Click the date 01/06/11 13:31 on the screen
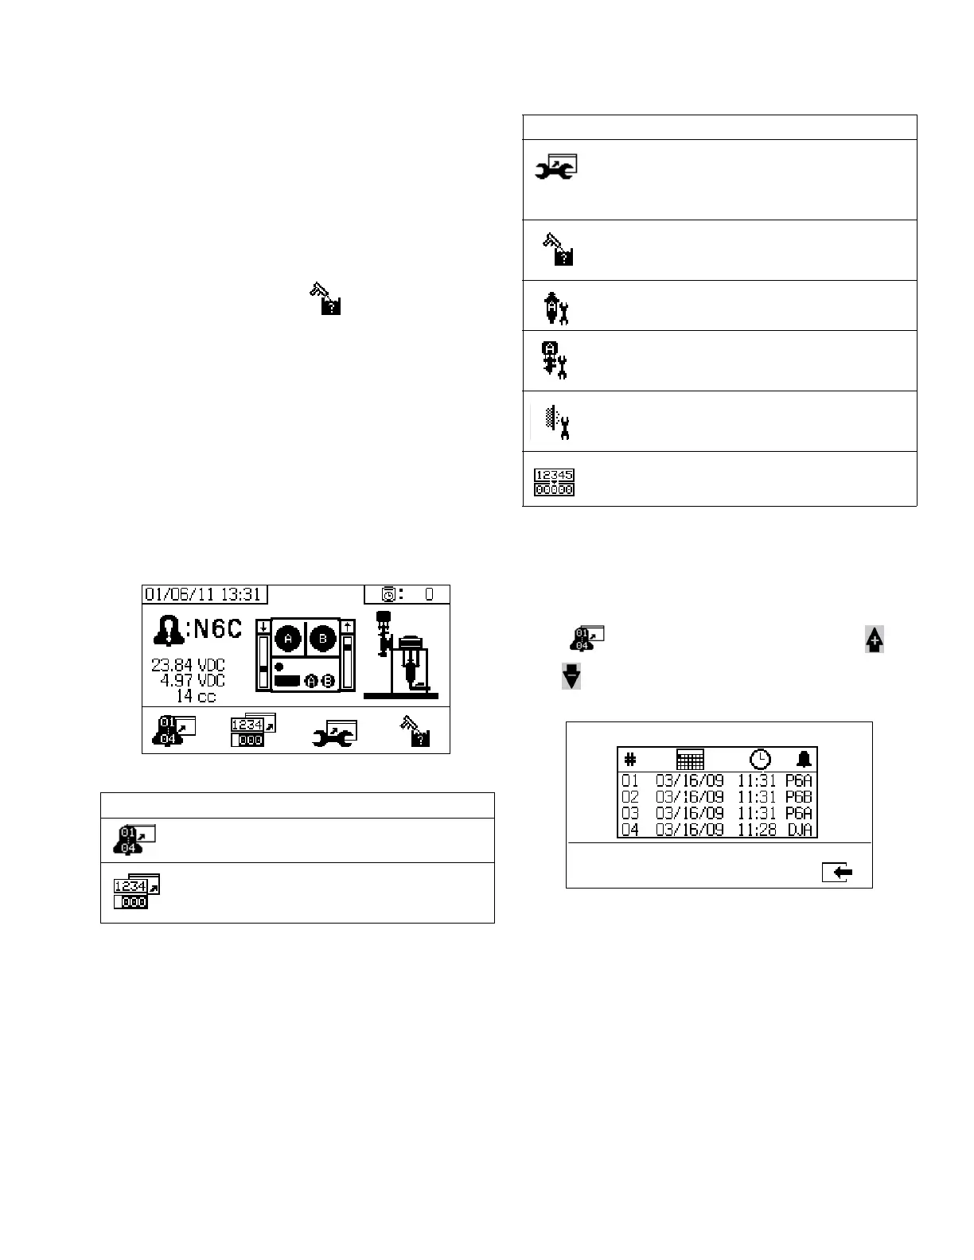(x=203, y=594)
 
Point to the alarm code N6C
(x=213, y=629)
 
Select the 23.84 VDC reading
(x=189, y=665)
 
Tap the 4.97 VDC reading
(x=193, y=680)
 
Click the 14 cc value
(x=196, y=696)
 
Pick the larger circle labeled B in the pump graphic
(x=323, y=639)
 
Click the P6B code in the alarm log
(x=798, y=796)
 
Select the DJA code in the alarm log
(x=798, y=830)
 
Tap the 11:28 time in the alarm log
(x=757, y=830)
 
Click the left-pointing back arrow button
(x=838, y=873)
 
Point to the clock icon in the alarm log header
(x=760, y=759)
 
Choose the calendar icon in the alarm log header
(x=690, y=759)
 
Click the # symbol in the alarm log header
(x=630, y=760)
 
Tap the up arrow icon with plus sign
(x=875, y=640)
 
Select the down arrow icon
(x=571, y=677)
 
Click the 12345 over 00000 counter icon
(x=554, y=482)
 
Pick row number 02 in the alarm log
(x=630, y=796)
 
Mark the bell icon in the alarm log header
(x=804, y=759)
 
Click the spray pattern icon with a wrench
(x=555, y=422)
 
